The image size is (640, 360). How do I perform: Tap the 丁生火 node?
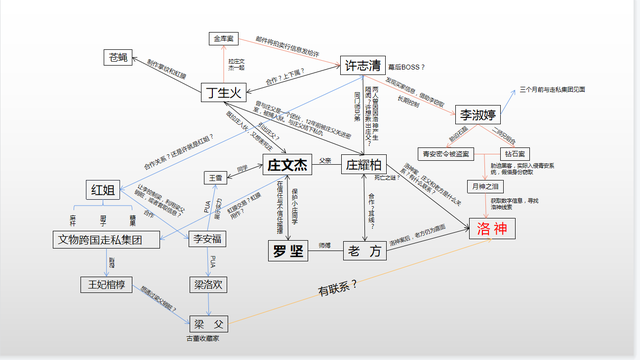225,94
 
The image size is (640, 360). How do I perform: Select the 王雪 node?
215,177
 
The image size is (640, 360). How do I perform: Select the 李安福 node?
209,239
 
